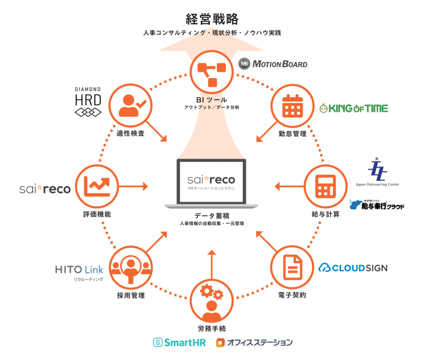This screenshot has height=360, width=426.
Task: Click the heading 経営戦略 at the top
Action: [212, 19]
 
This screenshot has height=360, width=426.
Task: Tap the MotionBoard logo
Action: [273, 64]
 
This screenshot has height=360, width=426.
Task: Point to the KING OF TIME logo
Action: [353, 108]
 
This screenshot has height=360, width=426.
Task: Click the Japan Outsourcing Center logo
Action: [377, 173]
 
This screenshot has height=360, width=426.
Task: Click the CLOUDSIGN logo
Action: [353, 268]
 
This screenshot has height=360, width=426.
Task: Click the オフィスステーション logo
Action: [254, 342]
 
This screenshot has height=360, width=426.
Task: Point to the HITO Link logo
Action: [79, 271]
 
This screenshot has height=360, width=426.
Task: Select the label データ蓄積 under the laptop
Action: [212, 215]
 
